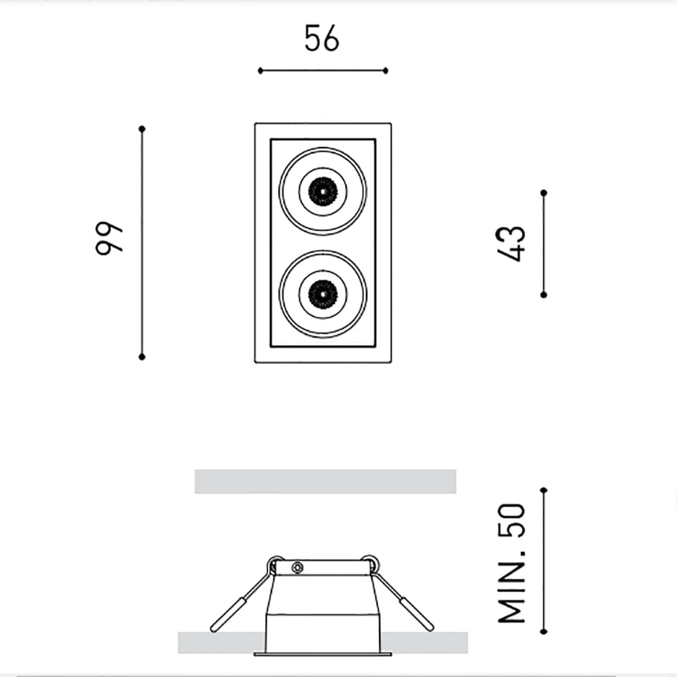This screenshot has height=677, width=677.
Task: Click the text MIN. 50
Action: click(x=511, y=563)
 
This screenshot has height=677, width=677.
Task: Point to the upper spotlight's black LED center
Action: click(x=323, y=190)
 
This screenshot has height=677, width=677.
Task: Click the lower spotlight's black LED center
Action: click(x=323, y=293)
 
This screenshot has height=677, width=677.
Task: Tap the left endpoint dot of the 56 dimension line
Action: click(x=260, y=70)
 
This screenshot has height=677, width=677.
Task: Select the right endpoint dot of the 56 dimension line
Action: click(x=385, y=70)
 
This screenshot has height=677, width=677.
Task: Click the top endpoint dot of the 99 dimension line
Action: click(x=141, y=128)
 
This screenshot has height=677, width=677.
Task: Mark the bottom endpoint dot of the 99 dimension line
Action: click(x=141, y=356)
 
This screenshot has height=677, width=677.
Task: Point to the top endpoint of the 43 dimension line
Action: click(x=544, y=193)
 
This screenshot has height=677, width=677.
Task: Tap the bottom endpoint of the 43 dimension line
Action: click(x=544, y=294)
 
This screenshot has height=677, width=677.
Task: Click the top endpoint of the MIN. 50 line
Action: click(x=544, y=489)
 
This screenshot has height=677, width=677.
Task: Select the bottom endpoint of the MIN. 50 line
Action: click(x=544, y=631)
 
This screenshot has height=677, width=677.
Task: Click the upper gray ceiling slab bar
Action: click(x=325, y=481)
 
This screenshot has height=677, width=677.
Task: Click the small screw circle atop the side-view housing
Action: click(x=296, y=567)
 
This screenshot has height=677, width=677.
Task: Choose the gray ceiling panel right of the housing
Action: click(x=430, y=642)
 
